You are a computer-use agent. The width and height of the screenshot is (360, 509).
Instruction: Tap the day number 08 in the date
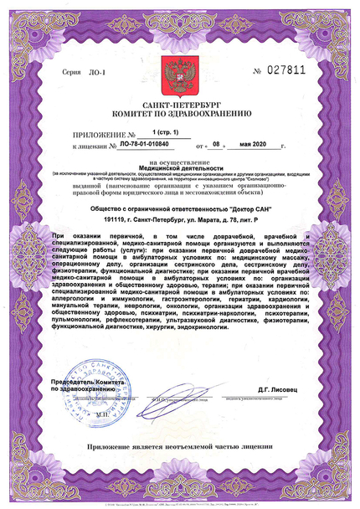pyautogui.click(x=215, y=145)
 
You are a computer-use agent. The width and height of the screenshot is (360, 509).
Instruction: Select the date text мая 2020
pyautogui.click(x=262, y=145)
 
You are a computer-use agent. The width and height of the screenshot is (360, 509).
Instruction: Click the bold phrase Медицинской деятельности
pyautogui.click(x=179, y=167)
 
